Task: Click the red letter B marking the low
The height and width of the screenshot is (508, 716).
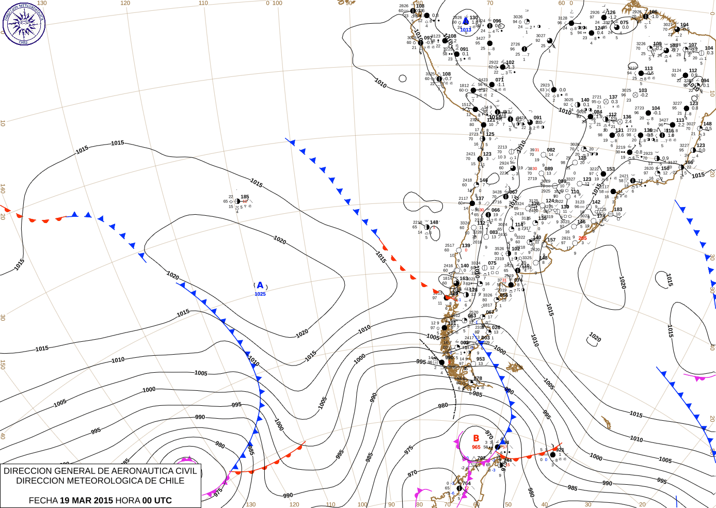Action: pyautogui.click(x=476, y=438)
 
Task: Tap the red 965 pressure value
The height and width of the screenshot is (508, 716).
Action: pyautogui.click(x=476, y=447)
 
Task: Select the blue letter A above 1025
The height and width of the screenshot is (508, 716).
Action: pyautogui.click(x=260, y=285)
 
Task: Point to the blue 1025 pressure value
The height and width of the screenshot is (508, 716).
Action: pyautogui.click(x=260, y=294)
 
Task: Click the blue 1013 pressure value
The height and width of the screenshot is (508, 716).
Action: pyautogui.click(x=466, y=30)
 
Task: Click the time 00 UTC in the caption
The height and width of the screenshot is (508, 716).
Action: pyautogui.click(x=157, y=500)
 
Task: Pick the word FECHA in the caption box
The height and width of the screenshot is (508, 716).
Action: pyautogui.click(x=43, y=500)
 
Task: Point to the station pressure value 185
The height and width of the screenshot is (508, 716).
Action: pyautogui.click(x=245, y=197)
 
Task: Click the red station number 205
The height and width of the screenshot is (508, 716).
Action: pyautogui.click(x=582, y=238)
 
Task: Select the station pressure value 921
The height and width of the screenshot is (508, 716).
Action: pyautogui.click(x=560, y=450)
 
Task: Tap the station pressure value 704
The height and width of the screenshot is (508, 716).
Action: pyautogui.click(x=467, y=484)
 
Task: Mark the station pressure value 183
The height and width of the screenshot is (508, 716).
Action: pyautogui.click(x=618, y=210)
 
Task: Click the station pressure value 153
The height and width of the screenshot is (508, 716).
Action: pyautogui.click(x=611, y=169)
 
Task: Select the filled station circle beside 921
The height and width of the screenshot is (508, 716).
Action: pyautogui.click(x=553, y=454)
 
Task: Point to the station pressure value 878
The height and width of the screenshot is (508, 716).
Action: pyautogui.click(x=478, y=378)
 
